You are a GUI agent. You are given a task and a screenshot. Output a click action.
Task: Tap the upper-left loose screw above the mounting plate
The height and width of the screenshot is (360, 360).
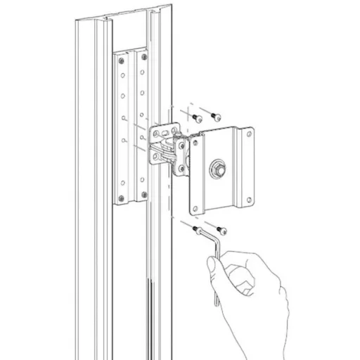coord(197,116)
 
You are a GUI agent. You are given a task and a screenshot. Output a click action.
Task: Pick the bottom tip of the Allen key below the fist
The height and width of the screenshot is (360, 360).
coord(217,304)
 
